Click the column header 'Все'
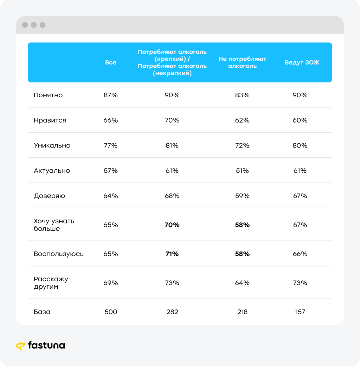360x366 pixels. pyautogui.click(x=111, y=63)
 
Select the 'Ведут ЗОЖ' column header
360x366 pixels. pyautogui.click(x=302, y=63)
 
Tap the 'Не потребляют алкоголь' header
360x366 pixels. pyautogui.click(x=242, y=63)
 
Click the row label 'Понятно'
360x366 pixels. pyautogui.click(x=48, y=95)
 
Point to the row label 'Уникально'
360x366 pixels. pyautogui.click(x=52, y=145)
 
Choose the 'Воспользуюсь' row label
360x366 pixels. pyautogui.click(x=59, y=254)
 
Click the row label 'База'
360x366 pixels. pyautogui.click(x=42, y=312)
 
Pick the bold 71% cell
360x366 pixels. pyautogui.click(x=172, y=254)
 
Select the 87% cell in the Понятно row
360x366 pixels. pyautogui.click(x=111, y=95)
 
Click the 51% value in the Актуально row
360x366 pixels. pyautogui.click(x=242, y=171)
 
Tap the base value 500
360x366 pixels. pyautogui.click(x=111, y=312)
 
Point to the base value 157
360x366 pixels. pyautogui.click(x=300, y=312)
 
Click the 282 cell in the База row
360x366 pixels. pyautogui.click(x=172, y=312)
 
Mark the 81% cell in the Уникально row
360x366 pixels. pyautogui.click(x=172, y=145)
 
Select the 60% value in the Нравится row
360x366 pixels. pyautogui.click(x=300, y=120)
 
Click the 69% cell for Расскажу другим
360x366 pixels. pyautogui.click(x=111, y=283)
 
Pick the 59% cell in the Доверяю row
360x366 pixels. pyautogui.click(x=242, y=196)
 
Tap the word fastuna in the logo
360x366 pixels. pyautogui.click(x=46, y=345)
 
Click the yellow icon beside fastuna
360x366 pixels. pyautogui.click(x=21, y=346)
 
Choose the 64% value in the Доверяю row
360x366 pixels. pyautogui.click(x=111, y=196)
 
